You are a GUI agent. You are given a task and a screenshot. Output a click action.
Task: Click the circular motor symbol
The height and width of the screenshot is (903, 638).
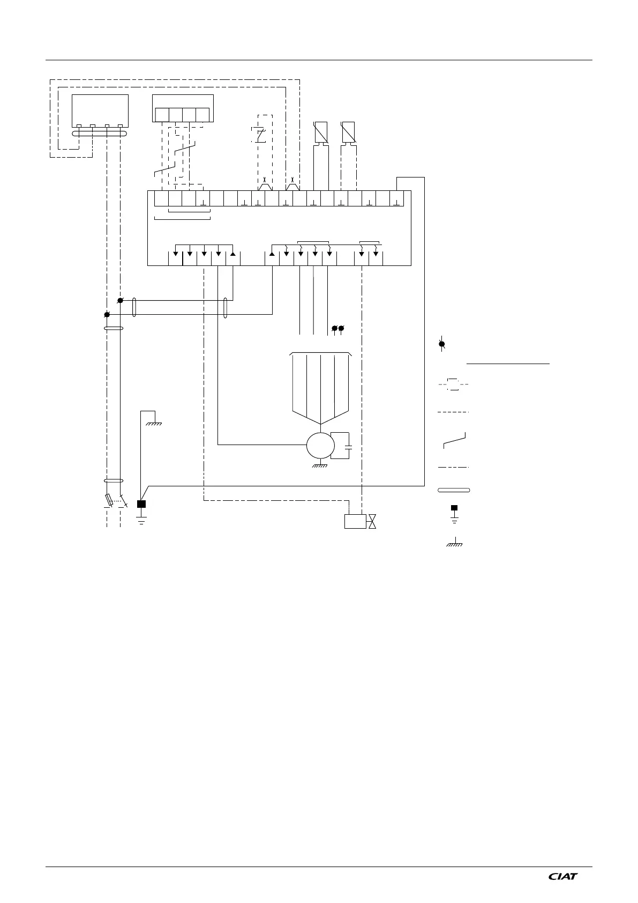[x=320, y=445]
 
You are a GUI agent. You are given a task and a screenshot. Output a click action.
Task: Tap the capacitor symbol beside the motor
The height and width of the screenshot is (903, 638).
[x=349, y=446]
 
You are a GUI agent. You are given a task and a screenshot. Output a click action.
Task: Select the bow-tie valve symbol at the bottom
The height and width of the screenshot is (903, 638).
[x=372, y=521]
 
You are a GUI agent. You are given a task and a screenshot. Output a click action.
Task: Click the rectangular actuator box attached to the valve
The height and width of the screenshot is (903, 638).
[x=355, y=521]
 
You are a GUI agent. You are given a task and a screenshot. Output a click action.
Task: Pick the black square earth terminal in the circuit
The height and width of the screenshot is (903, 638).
[x=141, y=504]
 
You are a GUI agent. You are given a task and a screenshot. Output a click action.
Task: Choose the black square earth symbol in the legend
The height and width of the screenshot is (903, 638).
[x=454, y=507]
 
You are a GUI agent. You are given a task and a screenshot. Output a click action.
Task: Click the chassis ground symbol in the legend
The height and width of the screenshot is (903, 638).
[x=454, y=543]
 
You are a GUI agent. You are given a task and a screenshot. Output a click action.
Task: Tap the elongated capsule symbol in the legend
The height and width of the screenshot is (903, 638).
[x=454, y=490]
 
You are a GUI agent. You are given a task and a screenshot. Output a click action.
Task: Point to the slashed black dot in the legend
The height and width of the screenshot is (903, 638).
[x=442, y=344]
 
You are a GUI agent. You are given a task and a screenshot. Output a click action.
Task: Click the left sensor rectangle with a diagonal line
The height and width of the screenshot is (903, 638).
[x=320, y=132]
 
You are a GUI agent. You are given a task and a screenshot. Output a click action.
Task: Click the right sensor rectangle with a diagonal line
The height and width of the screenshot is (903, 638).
[x=349, y=132]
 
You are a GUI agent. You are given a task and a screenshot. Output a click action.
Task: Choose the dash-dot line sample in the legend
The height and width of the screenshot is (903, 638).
[x=454, y=467]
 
